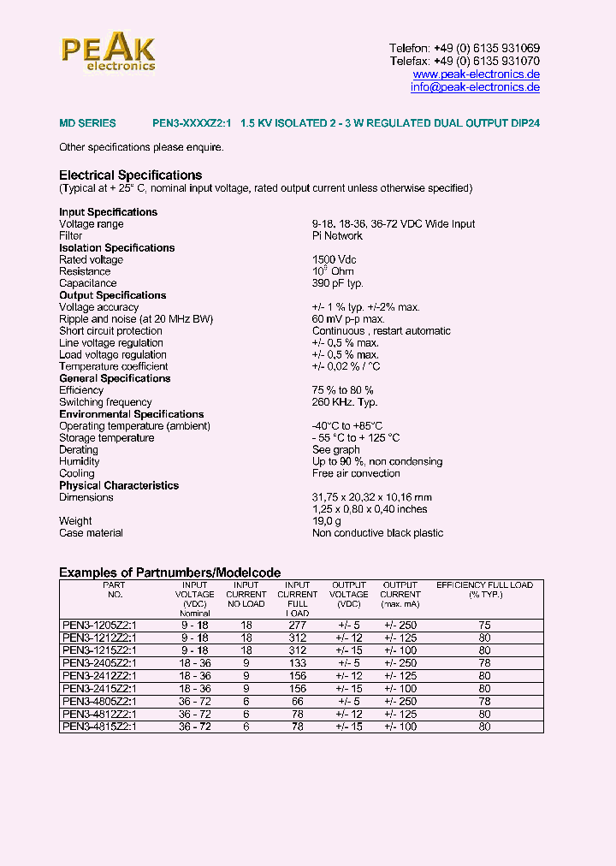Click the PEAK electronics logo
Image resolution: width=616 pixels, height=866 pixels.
click(108, 53)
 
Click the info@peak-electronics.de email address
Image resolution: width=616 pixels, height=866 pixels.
click(475, 87)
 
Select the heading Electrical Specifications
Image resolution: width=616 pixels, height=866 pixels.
click(130, 175)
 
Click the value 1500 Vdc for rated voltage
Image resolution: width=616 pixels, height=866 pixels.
click(335, 259)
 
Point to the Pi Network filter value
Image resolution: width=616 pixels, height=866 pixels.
click(337, 235)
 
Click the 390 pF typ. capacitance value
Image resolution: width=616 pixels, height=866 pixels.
click(338, 283)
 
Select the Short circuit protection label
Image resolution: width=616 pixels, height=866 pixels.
click(110, 331)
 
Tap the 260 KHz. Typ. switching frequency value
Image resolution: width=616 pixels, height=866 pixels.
click(345, 402)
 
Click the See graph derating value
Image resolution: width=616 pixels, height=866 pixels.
click(336, 450)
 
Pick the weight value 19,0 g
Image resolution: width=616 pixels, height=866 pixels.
click(327, 521)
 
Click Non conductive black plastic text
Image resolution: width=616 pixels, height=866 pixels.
click(377, 533)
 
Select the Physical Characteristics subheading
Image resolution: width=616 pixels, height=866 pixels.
click(119, 485)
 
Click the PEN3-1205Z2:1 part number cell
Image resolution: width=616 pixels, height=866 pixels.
click(99, 626)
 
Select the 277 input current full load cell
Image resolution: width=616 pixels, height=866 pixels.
click(297, 626)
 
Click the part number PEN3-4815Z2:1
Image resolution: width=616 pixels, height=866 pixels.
click(99, 727)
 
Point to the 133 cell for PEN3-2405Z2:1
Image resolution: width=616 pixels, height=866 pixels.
click(297, 663)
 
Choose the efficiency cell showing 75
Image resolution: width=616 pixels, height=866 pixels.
click(484, 626)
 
